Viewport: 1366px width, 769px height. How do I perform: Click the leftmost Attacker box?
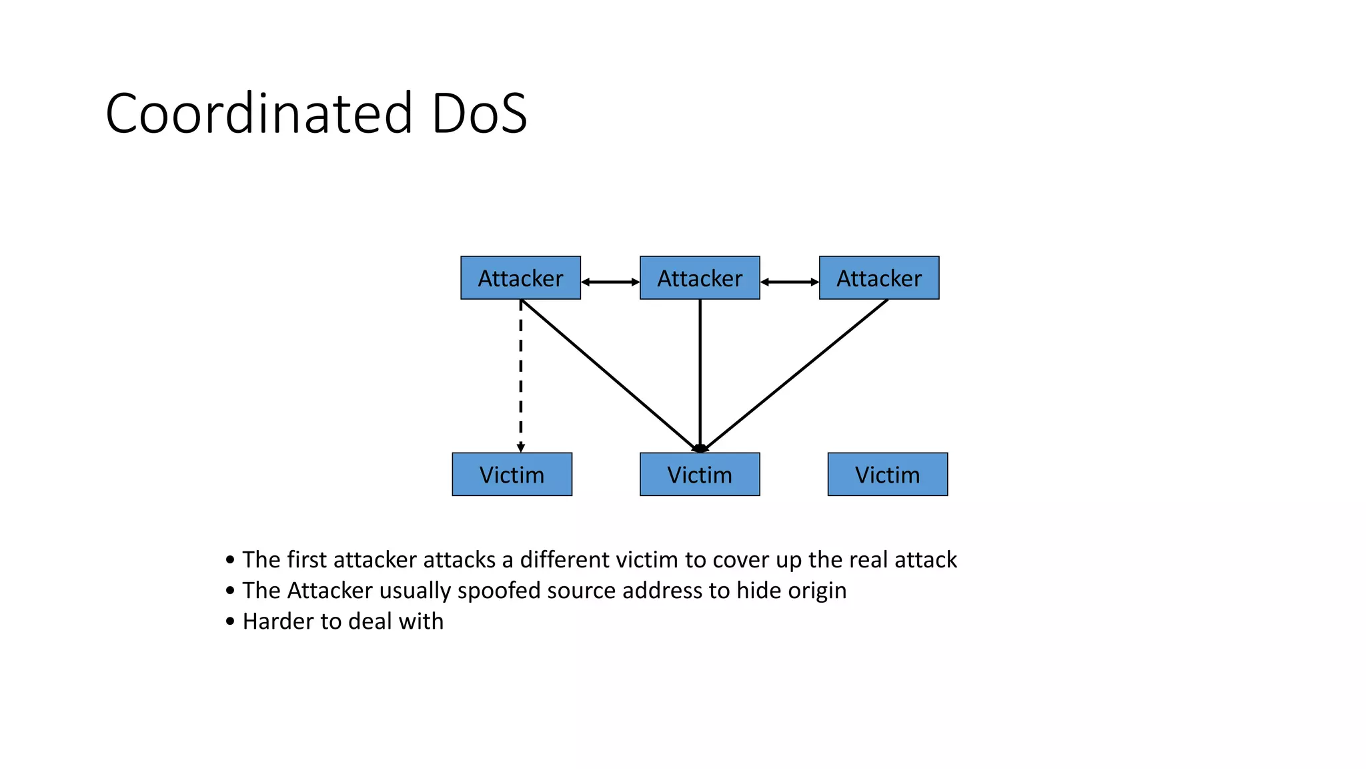[x=520, y=278]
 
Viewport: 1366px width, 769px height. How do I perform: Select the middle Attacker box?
[x=700, y=278]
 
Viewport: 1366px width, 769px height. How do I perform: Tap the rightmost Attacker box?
[x=878, y=278]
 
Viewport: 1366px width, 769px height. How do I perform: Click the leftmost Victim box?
[x=512, y=475]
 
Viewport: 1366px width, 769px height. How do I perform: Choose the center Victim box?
[x=700, y=475]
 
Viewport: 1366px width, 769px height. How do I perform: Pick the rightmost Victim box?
[x=887, y=475]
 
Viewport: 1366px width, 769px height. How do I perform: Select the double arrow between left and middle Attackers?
[x=610, y=282]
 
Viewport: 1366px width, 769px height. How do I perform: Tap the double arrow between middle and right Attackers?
[x=790, y=282]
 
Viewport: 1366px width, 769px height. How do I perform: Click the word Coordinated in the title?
[x=259, y=113]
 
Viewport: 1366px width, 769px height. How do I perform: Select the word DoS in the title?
[x=479, y=113]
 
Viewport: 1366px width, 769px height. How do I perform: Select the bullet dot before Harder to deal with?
[x=230, y=621]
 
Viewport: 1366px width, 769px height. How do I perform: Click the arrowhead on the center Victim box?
[x=700, y=449]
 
